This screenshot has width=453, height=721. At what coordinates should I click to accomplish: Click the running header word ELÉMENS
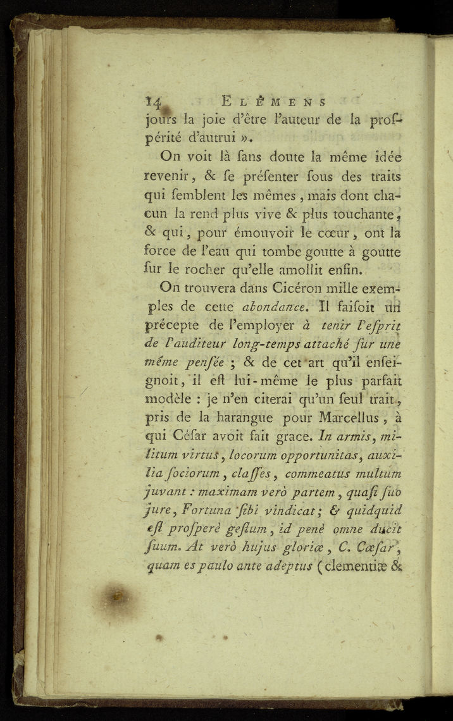click(273, 101)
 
